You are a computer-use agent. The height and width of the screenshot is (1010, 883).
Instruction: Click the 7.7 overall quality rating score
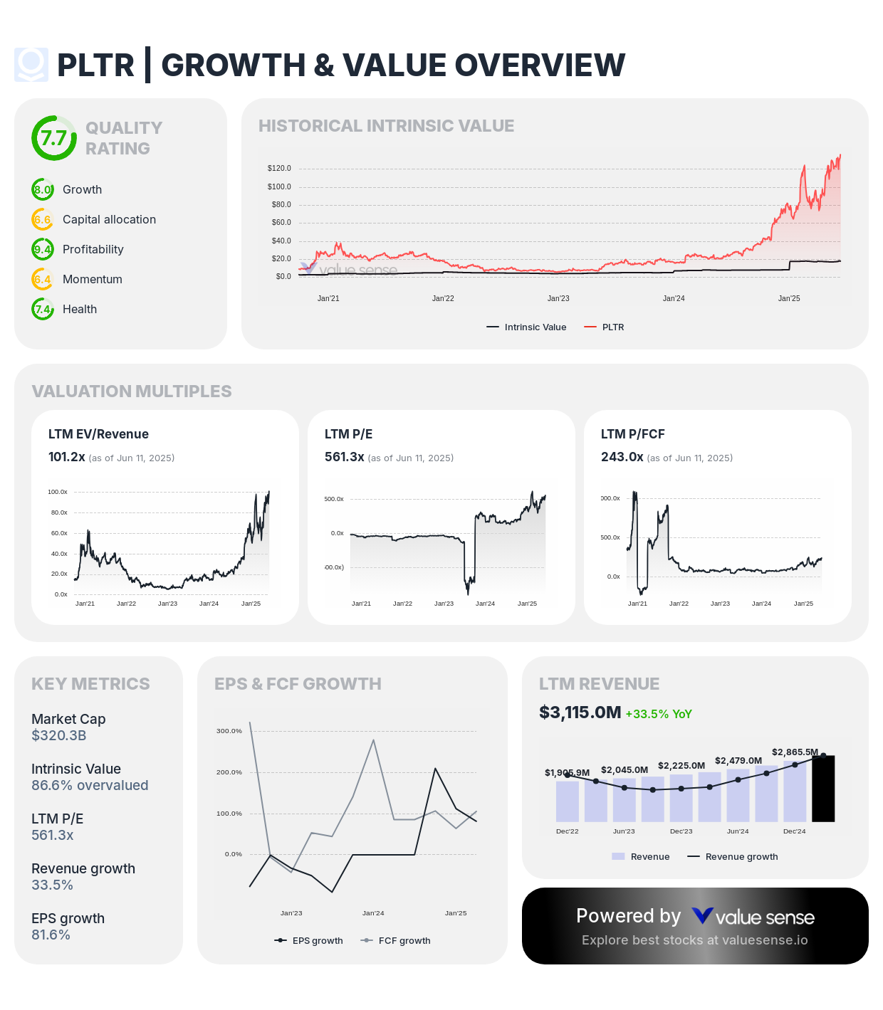point(53,138)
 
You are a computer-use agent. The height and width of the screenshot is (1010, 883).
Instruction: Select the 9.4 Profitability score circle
point(43,250)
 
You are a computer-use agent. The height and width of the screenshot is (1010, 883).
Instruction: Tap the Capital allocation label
point(109,220)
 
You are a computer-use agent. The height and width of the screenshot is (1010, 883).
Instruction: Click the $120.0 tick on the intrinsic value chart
point(279,169)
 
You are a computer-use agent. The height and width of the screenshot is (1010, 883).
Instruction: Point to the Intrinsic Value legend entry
point(535,327)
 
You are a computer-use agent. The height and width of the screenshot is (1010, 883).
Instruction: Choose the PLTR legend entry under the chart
point(612,327)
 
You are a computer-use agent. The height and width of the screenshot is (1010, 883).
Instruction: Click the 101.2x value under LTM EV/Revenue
point(67,457)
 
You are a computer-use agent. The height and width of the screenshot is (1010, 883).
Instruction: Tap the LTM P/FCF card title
point(632,434)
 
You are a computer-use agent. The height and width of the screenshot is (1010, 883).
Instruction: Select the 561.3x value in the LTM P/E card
point(344,457)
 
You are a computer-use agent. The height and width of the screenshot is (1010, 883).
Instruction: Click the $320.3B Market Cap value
point(58,736)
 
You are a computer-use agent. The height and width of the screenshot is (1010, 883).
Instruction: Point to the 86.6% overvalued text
point(90,786)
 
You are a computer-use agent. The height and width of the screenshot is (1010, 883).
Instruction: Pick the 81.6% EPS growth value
point(51,935)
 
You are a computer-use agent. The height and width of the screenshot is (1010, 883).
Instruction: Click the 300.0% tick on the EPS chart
point(229,731)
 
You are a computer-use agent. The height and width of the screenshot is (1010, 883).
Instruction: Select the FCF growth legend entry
point(404,941)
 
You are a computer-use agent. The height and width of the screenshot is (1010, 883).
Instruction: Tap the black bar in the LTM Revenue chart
point(823,789)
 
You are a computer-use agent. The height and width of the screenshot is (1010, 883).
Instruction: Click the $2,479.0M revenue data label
point(738,761)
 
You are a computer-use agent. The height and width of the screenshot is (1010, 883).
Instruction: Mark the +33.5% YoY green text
point(659,715)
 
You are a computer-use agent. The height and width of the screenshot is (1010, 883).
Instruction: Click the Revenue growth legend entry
point(741,857)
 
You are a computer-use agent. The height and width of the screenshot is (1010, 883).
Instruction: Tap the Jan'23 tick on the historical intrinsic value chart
point(558,299)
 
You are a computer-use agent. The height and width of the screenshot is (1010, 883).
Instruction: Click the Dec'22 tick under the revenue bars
point(567,831)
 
